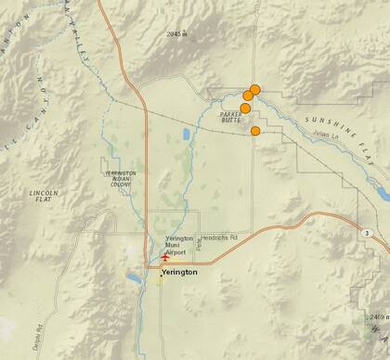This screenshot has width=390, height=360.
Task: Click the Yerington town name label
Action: pos(180,275)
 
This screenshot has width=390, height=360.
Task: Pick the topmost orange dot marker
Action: pos(255,89)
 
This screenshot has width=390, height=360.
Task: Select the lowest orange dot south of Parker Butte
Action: pos(255,131)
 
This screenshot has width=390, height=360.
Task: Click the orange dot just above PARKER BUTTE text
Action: pos(245,108)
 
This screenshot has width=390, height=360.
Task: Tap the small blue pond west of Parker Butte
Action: pos(187,135)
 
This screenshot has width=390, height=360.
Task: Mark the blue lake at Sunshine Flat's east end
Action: pos(381,193)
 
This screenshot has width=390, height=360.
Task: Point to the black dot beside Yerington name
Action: pos(158,275)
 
